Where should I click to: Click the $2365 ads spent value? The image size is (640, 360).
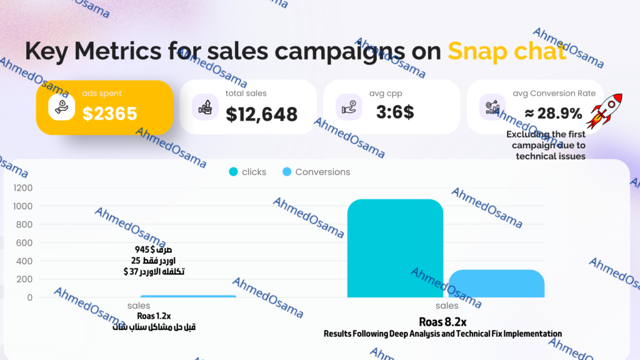click(x=109, y=113)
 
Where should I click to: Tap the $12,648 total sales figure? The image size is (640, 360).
click(x=261, y=114)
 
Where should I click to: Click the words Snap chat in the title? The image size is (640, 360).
click(x=506, y=52)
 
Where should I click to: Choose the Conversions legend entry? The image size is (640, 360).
click(x=316, y=172)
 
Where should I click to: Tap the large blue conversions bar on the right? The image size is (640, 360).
click(x=496, y=284)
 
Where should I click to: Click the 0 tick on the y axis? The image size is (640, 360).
click(x=29, y=297)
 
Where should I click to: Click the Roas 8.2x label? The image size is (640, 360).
click(x=442, y=321)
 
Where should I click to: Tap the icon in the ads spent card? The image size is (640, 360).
click(x=66, y=107)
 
